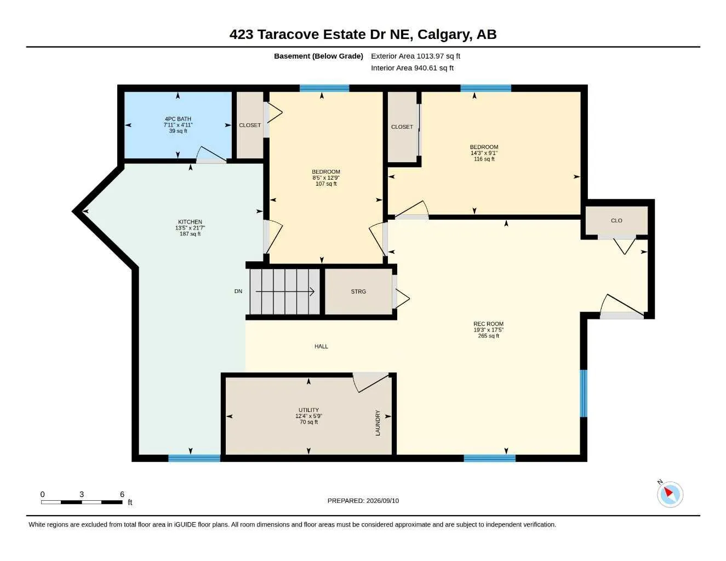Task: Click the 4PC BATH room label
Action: pos(178,119)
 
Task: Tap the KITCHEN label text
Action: pos(190,222)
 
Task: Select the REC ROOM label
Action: pos(488,324)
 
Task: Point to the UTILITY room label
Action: pos(308,410)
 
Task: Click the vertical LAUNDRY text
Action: pos(378,423)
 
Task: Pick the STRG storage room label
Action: pos(358,291)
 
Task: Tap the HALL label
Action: pos(321,346)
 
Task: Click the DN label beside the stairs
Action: pos(238,291)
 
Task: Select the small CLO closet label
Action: pos(616,220)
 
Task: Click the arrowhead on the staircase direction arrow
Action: pos(312,291)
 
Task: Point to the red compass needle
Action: pos(668,492)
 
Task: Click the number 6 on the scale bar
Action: pos(122,494)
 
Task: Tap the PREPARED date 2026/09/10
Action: pos(382,501)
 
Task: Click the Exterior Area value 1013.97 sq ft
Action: pos(438,56)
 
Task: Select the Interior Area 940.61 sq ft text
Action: pos(412,68)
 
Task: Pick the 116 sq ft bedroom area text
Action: pos(484,159)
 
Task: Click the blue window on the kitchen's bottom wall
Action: pos(194,458)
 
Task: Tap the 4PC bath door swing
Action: pos(211,154)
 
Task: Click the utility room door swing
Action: pos(371,382)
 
